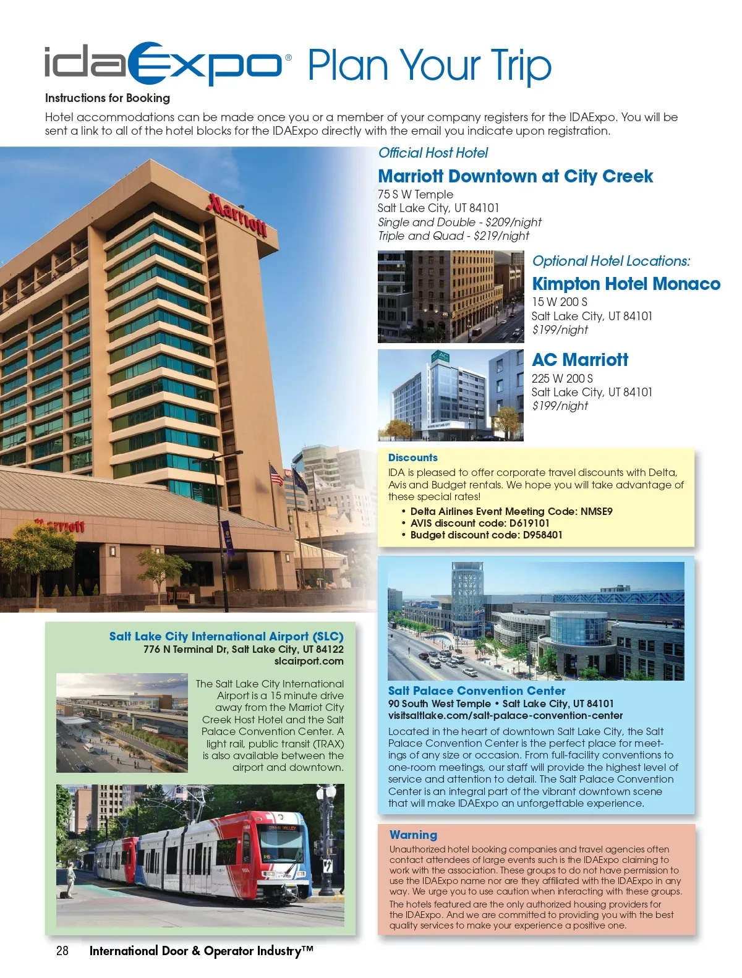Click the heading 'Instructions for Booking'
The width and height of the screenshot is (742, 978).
click(x=107, y=98)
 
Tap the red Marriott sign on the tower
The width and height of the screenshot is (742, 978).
click(x=237, y=215)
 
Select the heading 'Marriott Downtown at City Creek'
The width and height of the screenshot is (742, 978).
click(x=515, y=176)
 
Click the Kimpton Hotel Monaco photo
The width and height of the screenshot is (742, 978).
click(x=451, y=297)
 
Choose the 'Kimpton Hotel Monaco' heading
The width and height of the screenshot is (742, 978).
click(x=626, y=284)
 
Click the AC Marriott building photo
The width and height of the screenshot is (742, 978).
click(x=451, y=395)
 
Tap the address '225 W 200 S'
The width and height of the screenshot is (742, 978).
click(x=562, y=378)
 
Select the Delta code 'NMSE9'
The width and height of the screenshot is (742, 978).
click(x=596, y=511)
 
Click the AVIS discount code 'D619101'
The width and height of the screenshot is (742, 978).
click(x=529, y=523)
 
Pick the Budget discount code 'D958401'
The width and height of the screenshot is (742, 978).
click(x=542, y=535)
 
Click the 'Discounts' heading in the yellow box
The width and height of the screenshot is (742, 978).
click(x=412, y=457)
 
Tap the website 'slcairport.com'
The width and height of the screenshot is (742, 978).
click(x=309, y=661)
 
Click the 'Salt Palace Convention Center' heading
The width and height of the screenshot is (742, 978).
click(x=476, y=691)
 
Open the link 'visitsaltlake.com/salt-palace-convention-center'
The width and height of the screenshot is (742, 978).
click(x=505, y=715)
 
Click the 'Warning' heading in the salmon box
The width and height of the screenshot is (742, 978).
click(x=413, y=835)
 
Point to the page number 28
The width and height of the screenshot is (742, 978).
click(x=62, y=951)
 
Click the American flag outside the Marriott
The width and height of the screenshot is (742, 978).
click(x=276, y=475)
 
